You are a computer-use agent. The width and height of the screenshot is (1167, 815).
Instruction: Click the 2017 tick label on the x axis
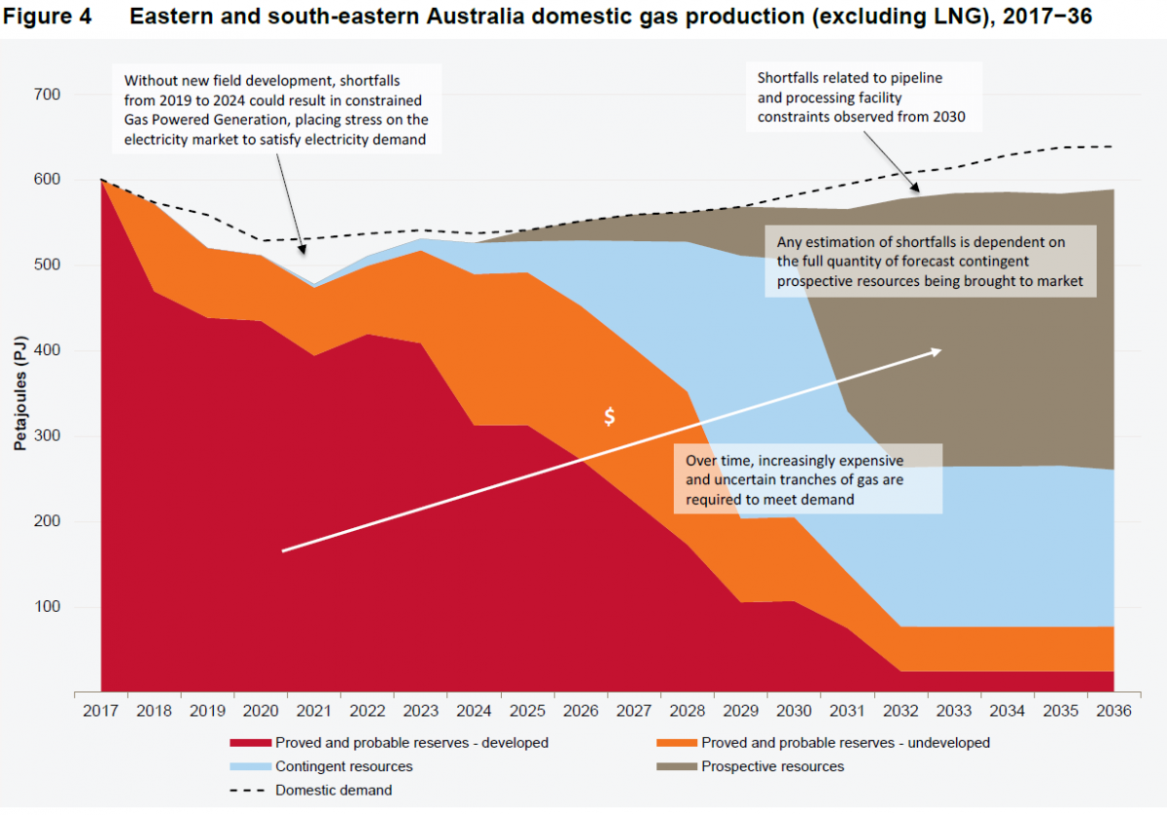101,711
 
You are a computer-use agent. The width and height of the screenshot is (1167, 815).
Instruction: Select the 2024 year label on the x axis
474,711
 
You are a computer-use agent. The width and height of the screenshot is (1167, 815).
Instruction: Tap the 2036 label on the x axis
1113,711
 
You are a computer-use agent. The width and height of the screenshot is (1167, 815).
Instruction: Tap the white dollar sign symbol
610,416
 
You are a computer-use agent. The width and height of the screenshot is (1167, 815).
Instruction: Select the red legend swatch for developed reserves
250,742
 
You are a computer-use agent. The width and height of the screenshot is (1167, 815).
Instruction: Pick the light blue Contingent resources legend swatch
250,766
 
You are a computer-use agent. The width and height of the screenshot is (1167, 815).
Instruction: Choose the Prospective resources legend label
772,766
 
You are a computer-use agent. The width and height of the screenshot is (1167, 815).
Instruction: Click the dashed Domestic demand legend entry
311,790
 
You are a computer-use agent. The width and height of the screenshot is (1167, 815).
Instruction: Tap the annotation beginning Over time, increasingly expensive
807,478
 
